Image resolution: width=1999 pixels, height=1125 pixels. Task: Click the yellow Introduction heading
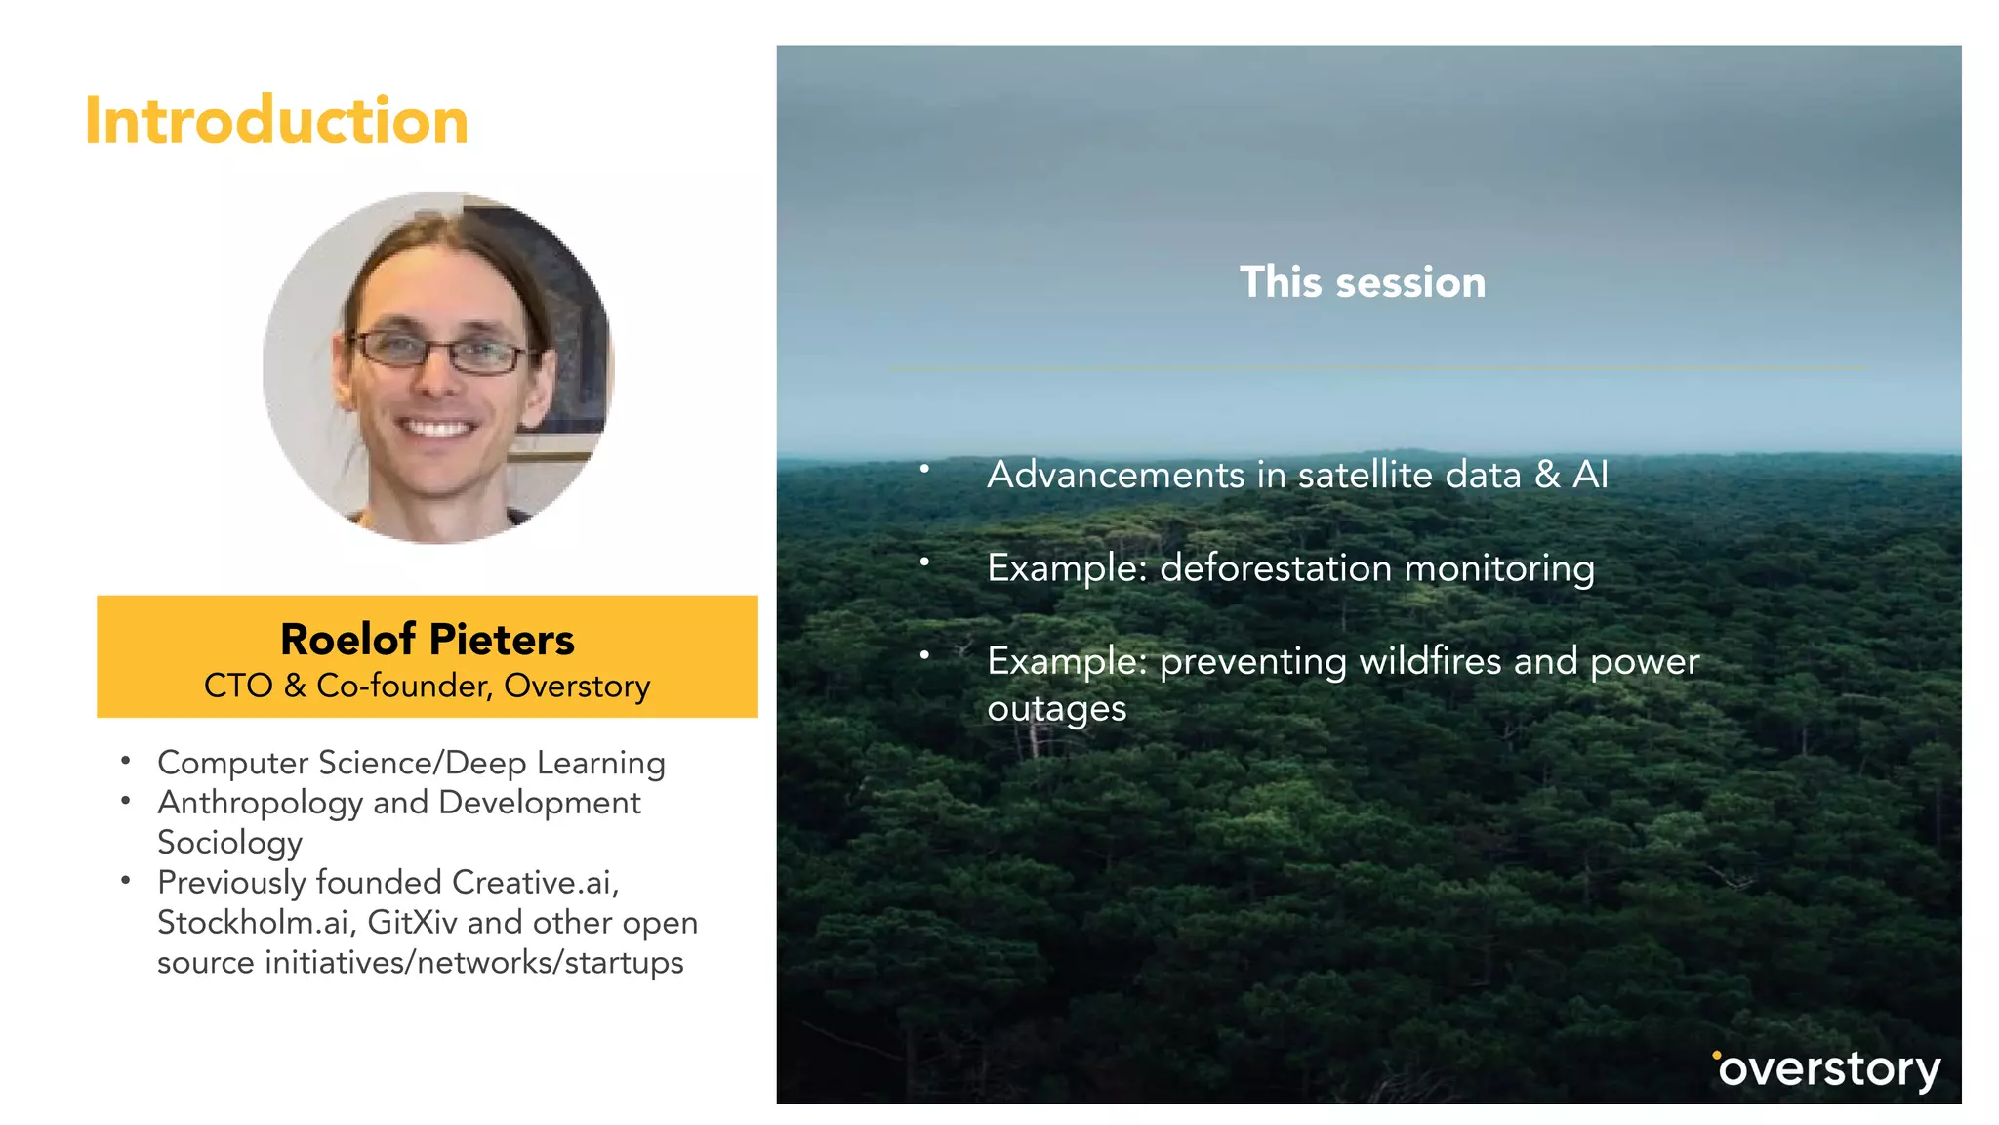[277, 120]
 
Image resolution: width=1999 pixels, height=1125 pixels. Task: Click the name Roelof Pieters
[428, 640]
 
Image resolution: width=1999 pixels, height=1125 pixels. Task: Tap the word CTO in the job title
[238, 686]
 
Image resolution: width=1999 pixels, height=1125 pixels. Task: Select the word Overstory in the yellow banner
[578, 687]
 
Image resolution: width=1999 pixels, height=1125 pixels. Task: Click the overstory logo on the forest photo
[1826, 1069]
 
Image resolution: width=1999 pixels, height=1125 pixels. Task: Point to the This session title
[1363, 282]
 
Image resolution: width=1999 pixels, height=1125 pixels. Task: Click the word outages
[1057, 709]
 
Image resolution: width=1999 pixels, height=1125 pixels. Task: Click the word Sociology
[230, 843]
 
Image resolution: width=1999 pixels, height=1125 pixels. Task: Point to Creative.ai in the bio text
[536, 882]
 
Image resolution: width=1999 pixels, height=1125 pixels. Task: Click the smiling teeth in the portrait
[437, 428]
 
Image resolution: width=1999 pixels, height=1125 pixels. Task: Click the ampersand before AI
[1547, 475]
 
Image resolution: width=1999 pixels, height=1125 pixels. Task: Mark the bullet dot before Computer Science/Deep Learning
[125, 760]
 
